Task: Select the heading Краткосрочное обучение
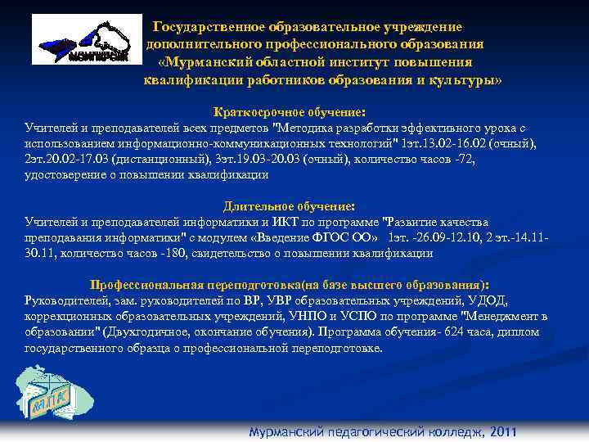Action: pos(289,112)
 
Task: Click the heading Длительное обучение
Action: pos(290,206)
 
